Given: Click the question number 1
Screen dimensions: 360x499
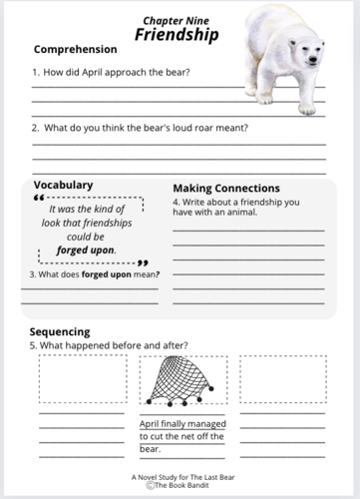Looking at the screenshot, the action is tap(35, 73).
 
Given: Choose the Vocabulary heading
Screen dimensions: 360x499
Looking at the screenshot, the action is tap(63, 185).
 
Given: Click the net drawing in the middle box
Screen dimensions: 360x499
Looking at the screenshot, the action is tap(181, 381).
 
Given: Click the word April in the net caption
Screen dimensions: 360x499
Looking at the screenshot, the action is tap(152, 424).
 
